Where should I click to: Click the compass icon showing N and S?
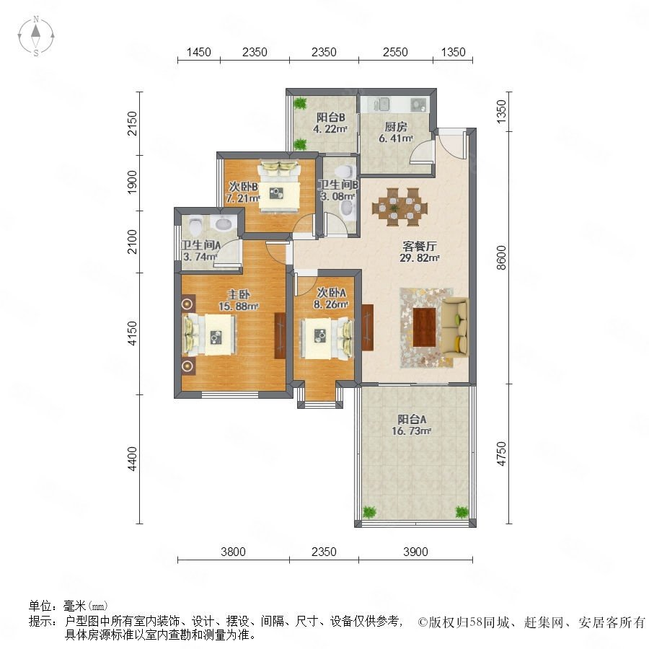coord(36,35)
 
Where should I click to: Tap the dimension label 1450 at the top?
coord(199,52)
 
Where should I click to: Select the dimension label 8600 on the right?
coord(501,258)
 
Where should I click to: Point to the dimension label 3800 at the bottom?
coord(233,552)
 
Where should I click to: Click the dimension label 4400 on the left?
coord(132,459)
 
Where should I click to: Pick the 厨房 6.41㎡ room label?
coord(396,132)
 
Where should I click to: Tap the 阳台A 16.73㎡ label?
coord(412,425)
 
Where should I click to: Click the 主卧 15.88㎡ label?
coord(239,301)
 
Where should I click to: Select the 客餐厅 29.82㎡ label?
coord(419,252)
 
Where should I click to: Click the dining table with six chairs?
coord(399,207)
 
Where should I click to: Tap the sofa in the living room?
coord(455,327)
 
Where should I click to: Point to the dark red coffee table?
coord(424,327)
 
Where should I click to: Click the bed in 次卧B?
coord(279,186)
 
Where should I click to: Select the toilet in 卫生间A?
coord(195,226)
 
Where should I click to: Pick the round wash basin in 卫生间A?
coord(224,224)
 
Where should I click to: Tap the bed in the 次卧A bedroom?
coord(327,338)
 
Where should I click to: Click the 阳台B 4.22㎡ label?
coord(330,123)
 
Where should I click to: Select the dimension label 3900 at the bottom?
coord(415,552)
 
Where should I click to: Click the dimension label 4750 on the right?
coord(501,454)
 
